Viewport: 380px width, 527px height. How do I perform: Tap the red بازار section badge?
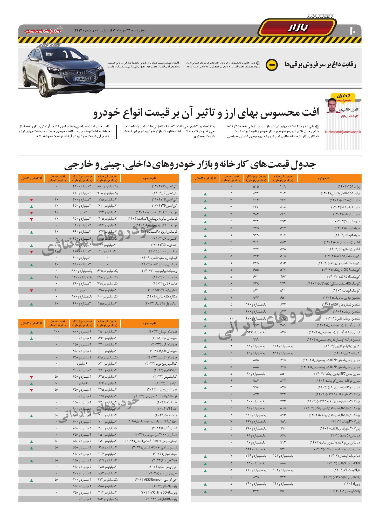pos(298,28)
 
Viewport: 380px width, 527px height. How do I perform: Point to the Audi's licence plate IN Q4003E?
pos(83,79)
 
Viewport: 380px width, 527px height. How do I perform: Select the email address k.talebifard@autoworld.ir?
pos(343,132)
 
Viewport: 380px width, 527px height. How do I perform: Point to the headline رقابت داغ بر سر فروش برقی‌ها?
pos(320,65)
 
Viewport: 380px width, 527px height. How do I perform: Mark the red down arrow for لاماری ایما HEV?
pos(31,290)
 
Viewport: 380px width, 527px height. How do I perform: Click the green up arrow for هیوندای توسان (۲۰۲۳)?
pos(31,332)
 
